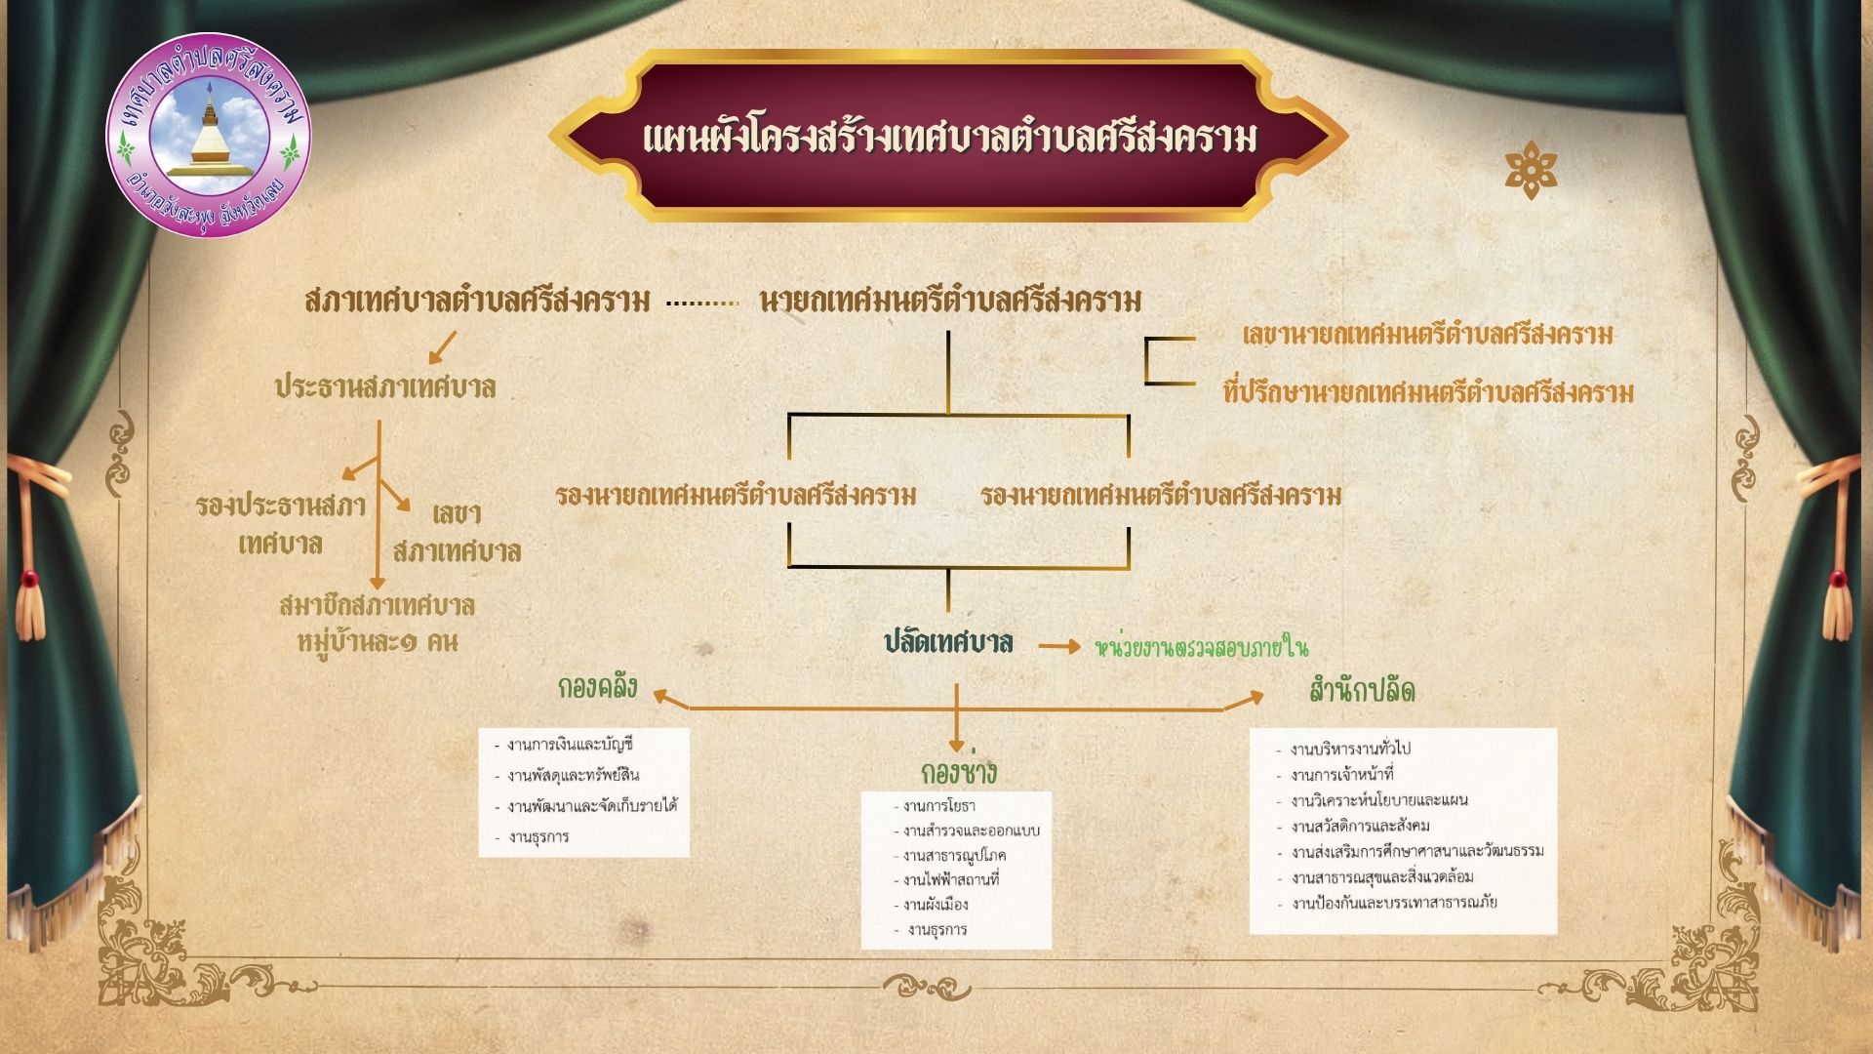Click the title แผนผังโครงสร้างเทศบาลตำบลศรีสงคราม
click(949, 138)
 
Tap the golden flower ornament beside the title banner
click(1531, 170)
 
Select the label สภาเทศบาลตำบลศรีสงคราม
click(477, 300)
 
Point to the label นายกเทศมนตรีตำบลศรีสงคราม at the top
click(950, 300)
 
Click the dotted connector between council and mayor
click(702, 304)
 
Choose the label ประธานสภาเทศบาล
click(385, 387)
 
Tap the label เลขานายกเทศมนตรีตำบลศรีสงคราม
click(1428, 335)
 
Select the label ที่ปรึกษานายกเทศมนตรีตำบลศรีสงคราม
click(1428, 392)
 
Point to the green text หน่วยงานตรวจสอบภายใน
click(1201, 647)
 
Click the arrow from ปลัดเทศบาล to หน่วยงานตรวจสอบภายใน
click(1059, 646)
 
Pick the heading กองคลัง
click(598, 687)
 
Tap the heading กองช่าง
click(959, 771)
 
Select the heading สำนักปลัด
click(1362, 690)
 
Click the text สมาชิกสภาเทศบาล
click(378, 605)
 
